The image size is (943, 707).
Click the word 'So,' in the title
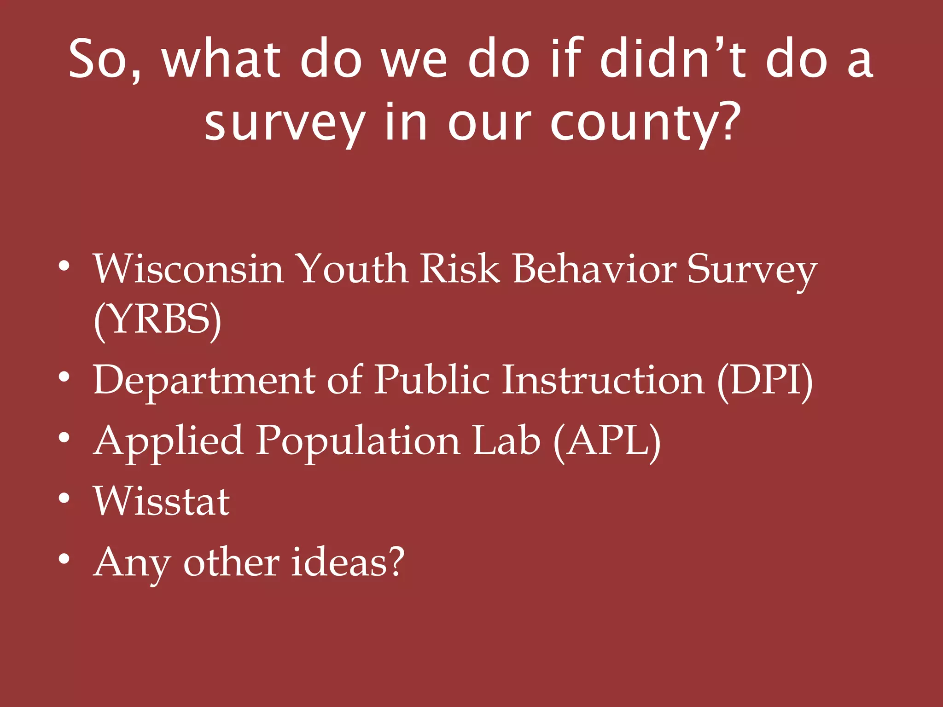[105, 60]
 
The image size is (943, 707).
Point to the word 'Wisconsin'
[188, 269]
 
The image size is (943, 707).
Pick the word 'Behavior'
[594, 269]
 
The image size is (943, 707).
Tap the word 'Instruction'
[603, 380]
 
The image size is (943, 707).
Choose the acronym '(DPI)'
[764, 380]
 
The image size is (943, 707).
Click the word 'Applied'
[168, 441]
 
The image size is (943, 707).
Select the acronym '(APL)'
[607, 441]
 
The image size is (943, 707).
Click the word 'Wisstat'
[162, 502]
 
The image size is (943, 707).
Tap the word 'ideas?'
[348, 562]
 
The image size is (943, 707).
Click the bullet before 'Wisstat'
[64, 498]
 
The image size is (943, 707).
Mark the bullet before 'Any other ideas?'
[64, 559]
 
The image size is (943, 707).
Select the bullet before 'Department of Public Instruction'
[64, 377]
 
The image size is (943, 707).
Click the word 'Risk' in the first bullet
[460, 269]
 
